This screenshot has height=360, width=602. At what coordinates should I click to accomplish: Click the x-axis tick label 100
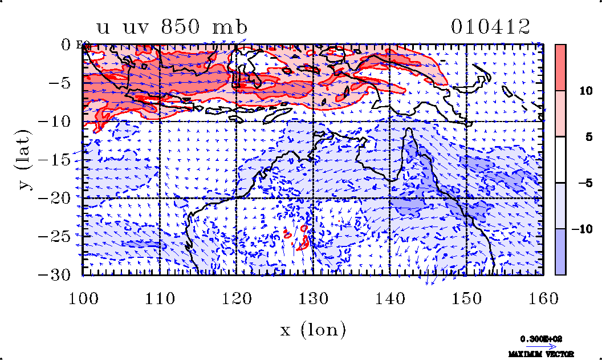(83, 298)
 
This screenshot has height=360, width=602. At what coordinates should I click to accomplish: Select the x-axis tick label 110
(159, 298)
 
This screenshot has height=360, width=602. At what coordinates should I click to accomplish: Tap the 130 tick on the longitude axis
(313, 298)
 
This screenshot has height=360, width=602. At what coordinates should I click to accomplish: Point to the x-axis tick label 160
(543, 298)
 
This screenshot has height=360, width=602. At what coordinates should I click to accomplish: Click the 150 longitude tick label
(466, 298)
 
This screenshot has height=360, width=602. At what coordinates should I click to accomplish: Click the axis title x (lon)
(312, 329)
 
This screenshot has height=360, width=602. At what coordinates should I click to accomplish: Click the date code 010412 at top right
(491, 26)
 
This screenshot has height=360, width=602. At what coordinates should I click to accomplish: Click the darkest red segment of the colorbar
(560, 67)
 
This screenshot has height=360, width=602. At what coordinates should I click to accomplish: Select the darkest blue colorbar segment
(560, 252)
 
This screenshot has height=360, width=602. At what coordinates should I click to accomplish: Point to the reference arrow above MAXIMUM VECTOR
(538, 346)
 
